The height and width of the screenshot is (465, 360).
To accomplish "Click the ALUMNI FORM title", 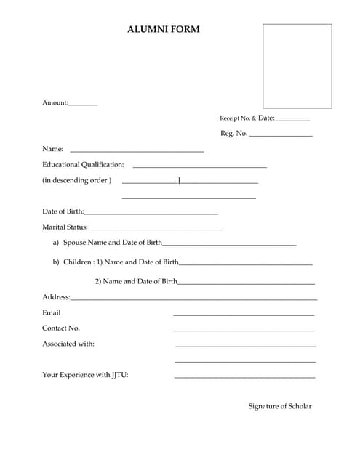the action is point(163,30).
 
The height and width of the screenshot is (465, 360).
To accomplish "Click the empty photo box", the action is point(297,66).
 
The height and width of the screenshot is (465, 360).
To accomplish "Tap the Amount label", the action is point(55,102).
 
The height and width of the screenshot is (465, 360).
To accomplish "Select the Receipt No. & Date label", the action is point(247,118).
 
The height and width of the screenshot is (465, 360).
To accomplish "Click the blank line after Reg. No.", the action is point(281,136).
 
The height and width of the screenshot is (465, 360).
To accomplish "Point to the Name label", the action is point(52,149).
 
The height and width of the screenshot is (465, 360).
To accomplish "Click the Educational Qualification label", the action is point(83,165).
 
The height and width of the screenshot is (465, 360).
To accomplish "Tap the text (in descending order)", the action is point(76,180).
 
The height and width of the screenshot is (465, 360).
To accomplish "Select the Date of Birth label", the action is point(63,212).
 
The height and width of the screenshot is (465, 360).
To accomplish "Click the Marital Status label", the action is point(64,228).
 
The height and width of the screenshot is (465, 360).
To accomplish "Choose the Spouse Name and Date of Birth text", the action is point(113,243).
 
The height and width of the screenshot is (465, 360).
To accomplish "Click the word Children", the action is point(77,262).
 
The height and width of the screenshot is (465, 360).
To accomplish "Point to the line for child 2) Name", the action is point(246,283).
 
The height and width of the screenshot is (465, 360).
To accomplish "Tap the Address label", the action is point(56,296).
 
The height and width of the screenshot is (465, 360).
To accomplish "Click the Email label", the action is point(52,312).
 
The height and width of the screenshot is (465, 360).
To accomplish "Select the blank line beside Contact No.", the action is point(244,331).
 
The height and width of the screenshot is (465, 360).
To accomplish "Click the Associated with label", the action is point(68,344).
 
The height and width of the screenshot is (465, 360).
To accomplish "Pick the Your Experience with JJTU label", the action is point(85,375).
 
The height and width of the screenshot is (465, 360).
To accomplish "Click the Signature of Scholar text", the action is point(280,406).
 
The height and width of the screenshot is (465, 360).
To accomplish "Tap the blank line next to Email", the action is point(244,315).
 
